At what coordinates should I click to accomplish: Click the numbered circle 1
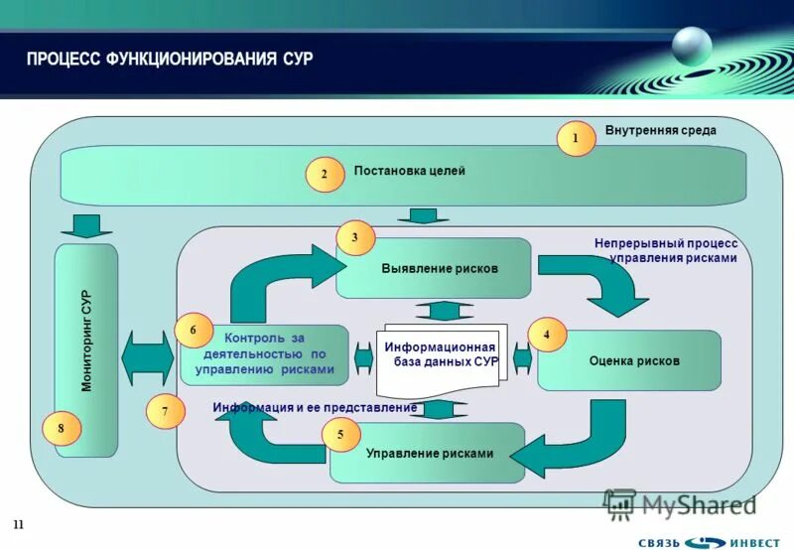(x=575, y=139)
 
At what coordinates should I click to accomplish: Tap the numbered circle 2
(x=324, y=175)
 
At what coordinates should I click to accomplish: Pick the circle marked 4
(x=546, y=336)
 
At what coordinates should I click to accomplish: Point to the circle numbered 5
(x=340, y=435)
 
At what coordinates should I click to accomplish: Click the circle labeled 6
(x=194, y=331)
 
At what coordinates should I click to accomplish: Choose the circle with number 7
(x=166, y=411)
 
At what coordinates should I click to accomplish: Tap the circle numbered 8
(x=61, y=428)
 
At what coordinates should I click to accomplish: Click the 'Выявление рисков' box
(x=434, y=269)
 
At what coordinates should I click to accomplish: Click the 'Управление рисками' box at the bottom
(x=429, y=454)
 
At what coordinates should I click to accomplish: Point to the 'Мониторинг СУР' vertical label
(x=86, y=340)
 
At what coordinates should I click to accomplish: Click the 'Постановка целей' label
(x=409, y=171)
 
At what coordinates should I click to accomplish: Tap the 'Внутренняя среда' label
(x=660, y=130)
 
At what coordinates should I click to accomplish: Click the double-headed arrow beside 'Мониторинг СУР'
(x=148, y=357)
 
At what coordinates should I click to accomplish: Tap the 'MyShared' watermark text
(x=698, y=504)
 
